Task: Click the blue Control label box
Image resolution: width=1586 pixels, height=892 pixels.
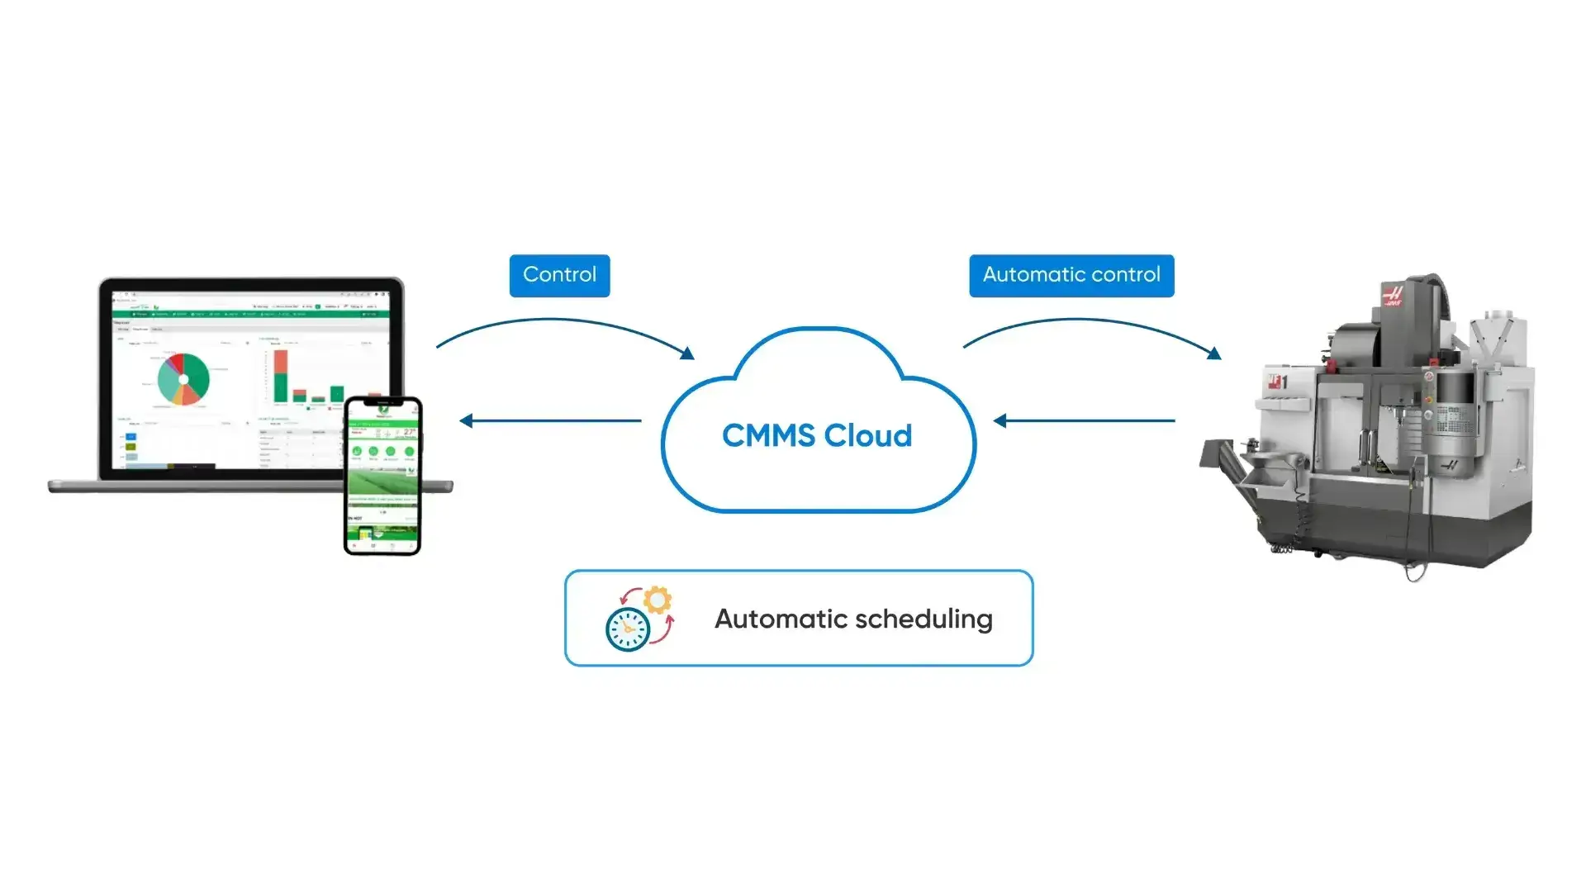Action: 559,275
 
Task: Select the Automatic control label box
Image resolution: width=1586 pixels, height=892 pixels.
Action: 1071,275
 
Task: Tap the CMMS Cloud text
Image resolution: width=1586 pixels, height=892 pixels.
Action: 816,435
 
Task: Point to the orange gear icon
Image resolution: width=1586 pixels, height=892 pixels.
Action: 658,600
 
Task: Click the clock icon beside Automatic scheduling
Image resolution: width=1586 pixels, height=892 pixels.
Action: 628,629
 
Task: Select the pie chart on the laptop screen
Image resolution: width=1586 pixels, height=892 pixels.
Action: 183,379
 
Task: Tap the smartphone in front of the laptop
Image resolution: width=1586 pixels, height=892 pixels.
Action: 382,477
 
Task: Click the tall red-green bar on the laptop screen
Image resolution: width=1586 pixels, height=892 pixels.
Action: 281,376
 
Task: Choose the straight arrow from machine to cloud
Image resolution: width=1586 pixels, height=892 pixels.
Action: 1084,420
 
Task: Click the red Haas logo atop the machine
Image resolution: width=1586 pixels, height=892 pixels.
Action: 1393,296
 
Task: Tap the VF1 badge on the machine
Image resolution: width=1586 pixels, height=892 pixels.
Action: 1278,382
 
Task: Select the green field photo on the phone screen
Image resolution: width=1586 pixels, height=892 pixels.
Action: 382,483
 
